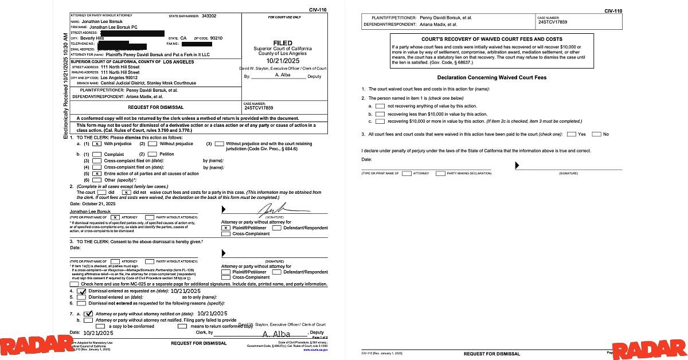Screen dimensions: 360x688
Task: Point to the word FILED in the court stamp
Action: (283, 43)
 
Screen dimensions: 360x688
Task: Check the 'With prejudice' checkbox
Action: (96, 144)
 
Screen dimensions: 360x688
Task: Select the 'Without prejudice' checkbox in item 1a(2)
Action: (153, 144)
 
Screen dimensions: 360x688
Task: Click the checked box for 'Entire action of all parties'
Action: (96, 173)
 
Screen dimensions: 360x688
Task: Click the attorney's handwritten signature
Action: (275, 211)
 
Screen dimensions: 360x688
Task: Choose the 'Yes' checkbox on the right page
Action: (571, 134)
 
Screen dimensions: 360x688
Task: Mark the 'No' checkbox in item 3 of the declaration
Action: (596, 134)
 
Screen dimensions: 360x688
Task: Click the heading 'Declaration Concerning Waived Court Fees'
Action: (491, 77)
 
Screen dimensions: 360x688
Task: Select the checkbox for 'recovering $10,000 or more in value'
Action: (380, 122)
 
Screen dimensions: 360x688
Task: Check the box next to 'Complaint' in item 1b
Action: (96, 155)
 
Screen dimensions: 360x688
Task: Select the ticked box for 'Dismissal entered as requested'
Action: (81, 292)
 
